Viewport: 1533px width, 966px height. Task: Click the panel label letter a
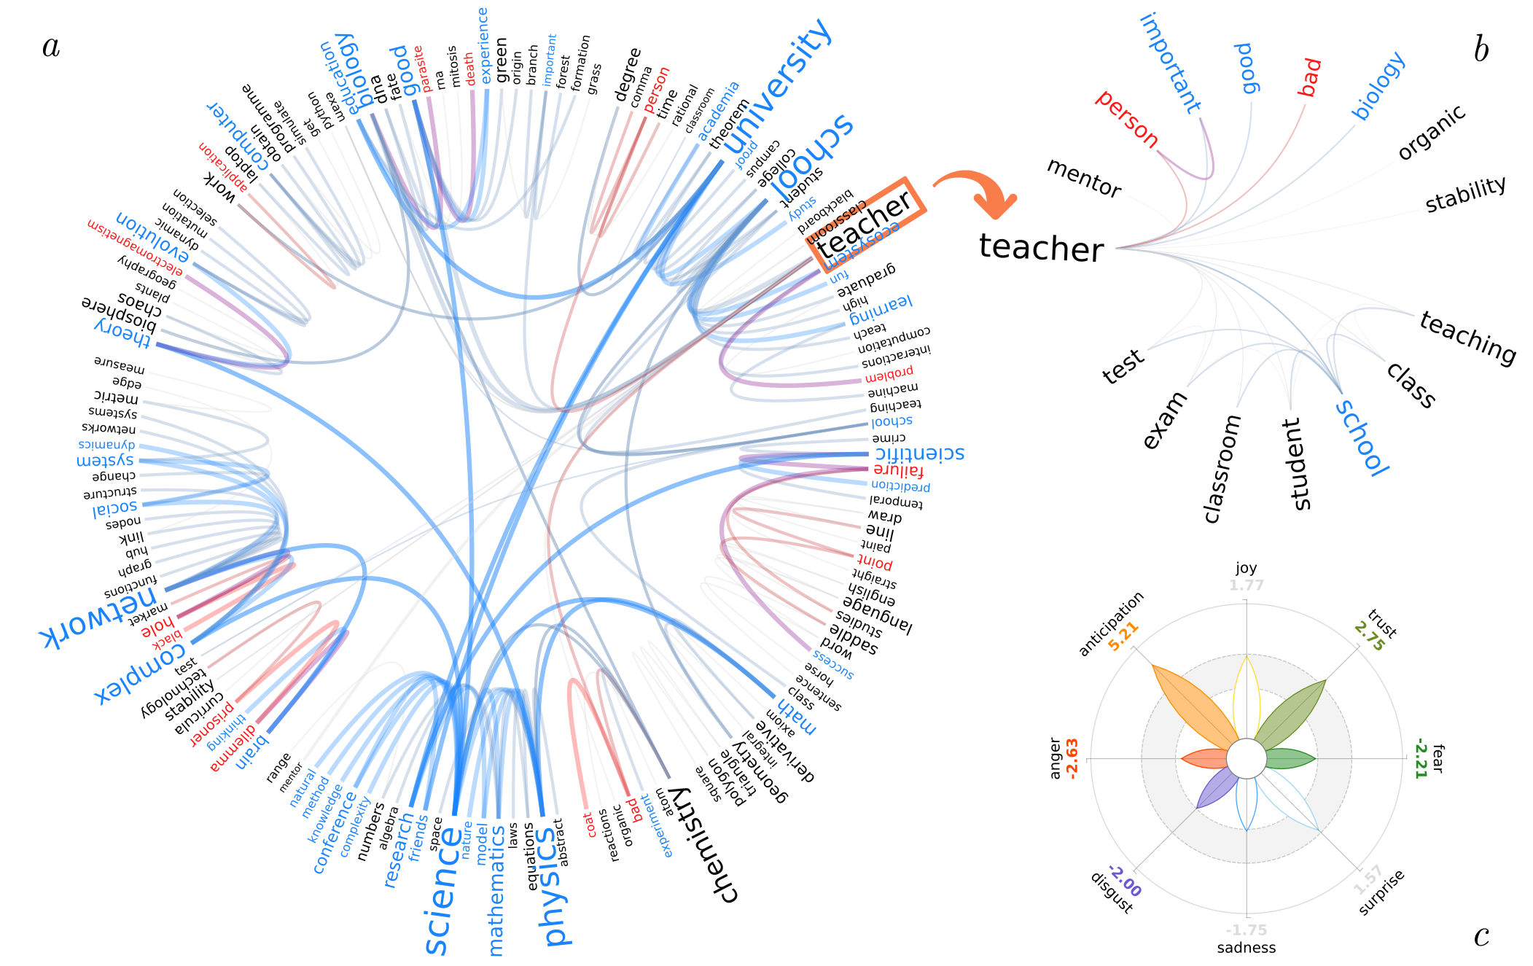pyautogui.click(x=51, y=47)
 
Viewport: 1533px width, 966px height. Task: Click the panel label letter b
pyautogui.click(x=1481, y=50)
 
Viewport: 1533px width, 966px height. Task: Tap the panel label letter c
pyautogui.click(x=1481, y=936)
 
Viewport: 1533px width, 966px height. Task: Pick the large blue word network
pyautogui.click(x=98, y=617)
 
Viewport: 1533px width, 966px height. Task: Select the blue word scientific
pyautogui.click(x=919, y=453)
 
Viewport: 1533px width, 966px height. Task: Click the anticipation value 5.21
pyautogui.click(x=1123, y=636)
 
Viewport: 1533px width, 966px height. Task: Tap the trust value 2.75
pyautogui.click(x=1369, y=636)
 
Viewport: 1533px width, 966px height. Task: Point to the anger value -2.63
pyautogui.click(x=1072, y=759)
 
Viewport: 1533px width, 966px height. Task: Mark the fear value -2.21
pyautogui.click(x=1420, y=758)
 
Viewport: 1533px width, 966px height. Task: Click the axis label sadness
pyautogui.click(x=1247, y=948)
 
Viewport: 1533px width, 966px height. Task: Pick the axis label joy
pyautogui.click(x=1246, y=568)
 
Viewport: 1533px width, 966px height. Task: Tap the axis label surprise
pyautogui.click(x=1381, y=892)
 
